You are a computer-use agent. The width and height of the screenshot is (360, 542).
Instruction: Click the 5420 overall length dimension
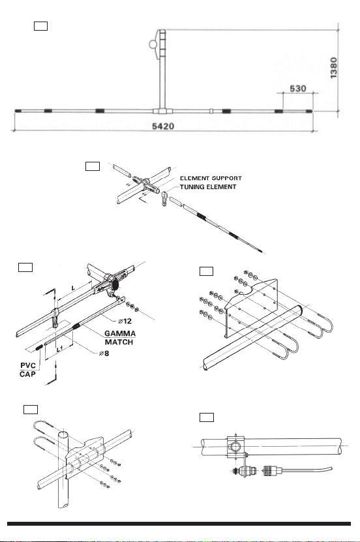tap(163, 126)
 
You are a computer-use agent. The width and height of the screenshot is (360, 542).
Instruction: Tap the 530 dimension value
tap(298, 89)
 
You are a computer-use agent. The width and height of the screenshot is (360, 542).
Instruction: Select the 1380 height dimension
tap(333, 68)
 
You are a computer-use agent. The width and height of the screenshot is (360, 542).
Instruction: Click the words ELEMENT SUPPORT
tap(211, 178)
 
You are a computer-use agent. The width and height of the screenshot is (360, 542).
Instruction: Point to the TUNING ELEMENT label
tap(208, 187)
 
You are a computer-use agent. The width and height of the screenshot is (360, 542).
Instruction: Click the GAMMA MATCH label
tap(120, 338)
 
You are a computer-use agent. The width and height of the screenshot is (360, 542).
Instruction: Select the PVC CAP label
tap(27, 370)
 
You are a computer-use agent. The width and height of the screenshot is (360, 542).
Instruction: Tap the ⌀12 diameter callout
tap(125, 321)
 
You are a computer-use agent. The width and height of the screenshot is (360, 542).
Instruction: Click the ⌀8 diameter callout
tap(104, 354)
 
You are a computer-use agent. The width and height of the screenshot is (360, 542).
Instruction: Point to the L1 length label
tap(60, 349)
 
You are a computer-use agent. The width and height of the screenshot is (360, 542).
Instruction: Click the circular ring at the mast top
tap(153, 44)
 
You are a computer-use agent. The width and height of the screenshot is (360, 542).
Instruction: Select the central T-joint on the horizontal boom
tap(162, 111)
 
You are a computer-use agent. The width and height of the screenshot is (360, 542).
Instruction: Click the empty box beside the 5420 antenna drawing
tap(41, 26)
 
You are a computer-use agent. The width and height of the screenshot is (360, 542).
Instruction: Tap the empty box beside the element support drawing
tap(93, 166)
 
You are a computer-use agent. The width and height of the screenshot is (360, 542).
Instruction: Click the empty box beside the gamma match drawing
tap(25, 267)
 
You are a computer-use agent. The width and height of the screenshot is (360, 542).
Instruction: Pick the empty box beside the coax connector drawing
tap(207, 417)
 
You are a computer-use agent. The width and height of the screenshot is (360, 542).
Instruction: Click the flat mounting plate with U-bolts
tap(252, 308)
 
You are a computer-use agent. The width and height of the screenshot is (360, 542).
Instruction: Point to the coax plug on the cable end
tap(271, 470)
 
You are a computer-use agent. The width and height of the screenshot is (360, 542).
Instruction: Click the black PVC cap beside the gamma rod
tap(38, 347)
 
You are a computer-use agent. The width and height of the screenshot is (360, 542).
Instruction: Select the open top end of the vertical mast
tap(63, 434)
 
